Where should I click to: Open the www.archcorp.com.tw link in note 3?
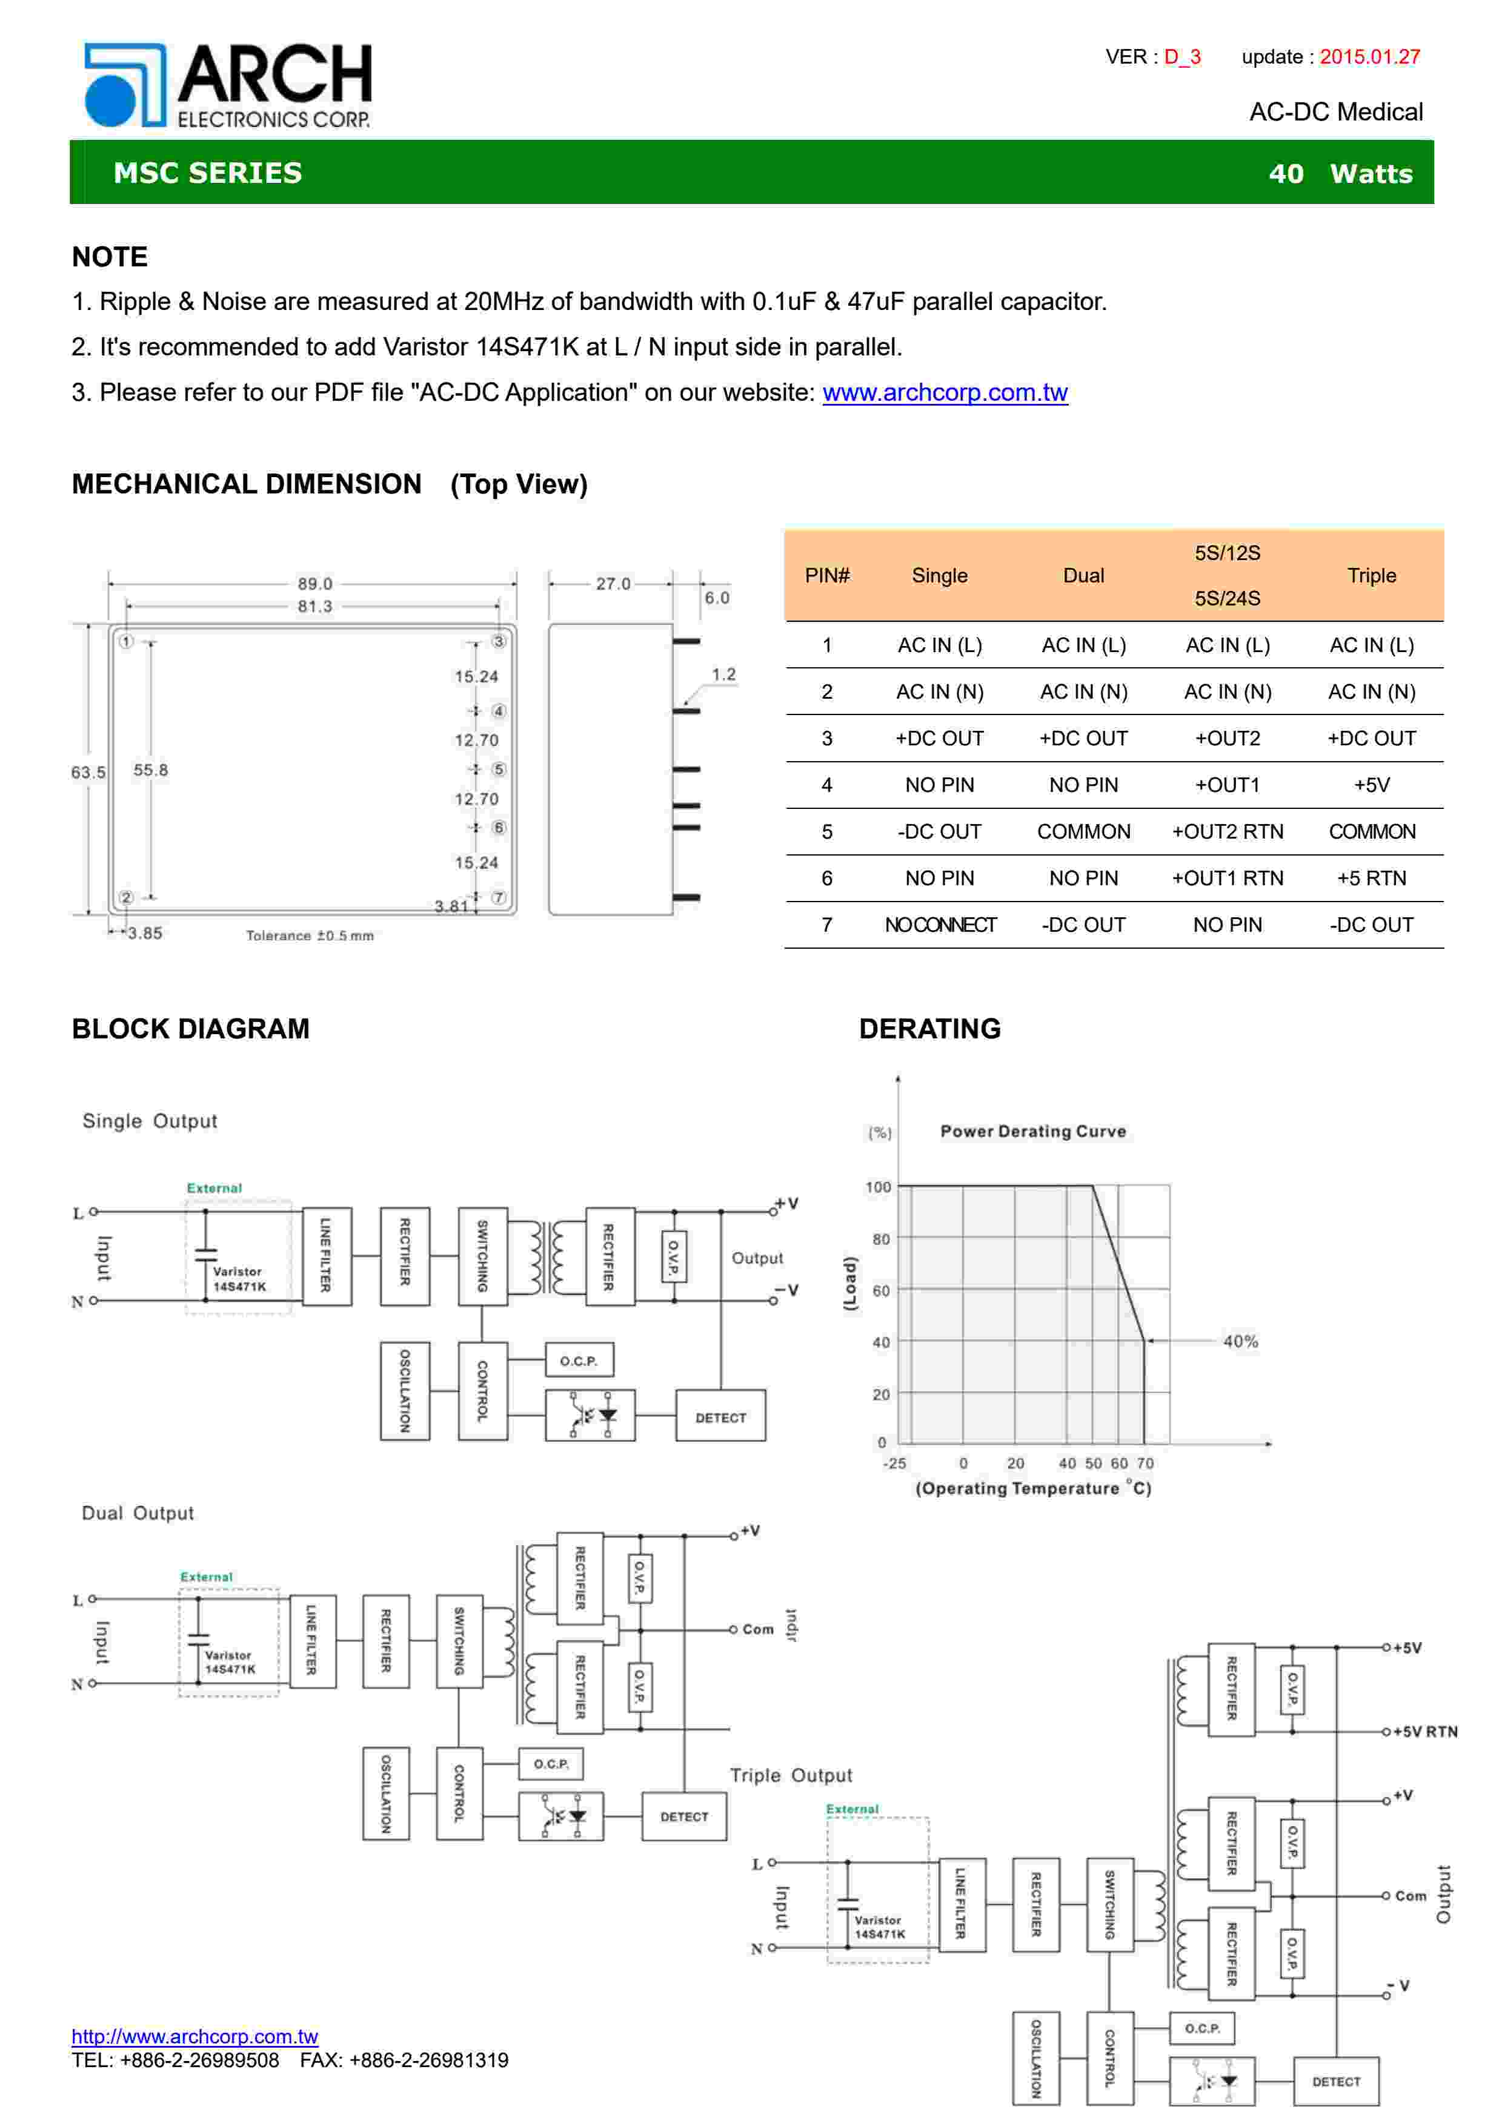click(944, 392)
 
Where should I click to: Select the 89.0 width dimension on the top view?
click(314, 584)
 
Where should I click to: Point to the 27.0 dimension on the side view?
click(613, 584)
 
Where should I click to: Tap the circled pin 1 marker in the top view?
click(127, 641)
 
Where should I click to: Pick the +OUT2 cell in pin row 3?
click(1227, 738)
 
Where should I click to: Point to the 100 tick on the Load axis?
click(877, 1187)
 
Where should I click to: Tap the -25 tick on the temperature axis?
click(894, 1463)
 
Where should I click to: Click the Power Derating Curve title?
click(1033, 1132)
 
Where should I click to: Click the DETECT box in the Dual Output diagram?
click(684, 1817)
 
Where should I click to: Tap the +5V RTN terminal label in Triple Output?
click(1424, 1731)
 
